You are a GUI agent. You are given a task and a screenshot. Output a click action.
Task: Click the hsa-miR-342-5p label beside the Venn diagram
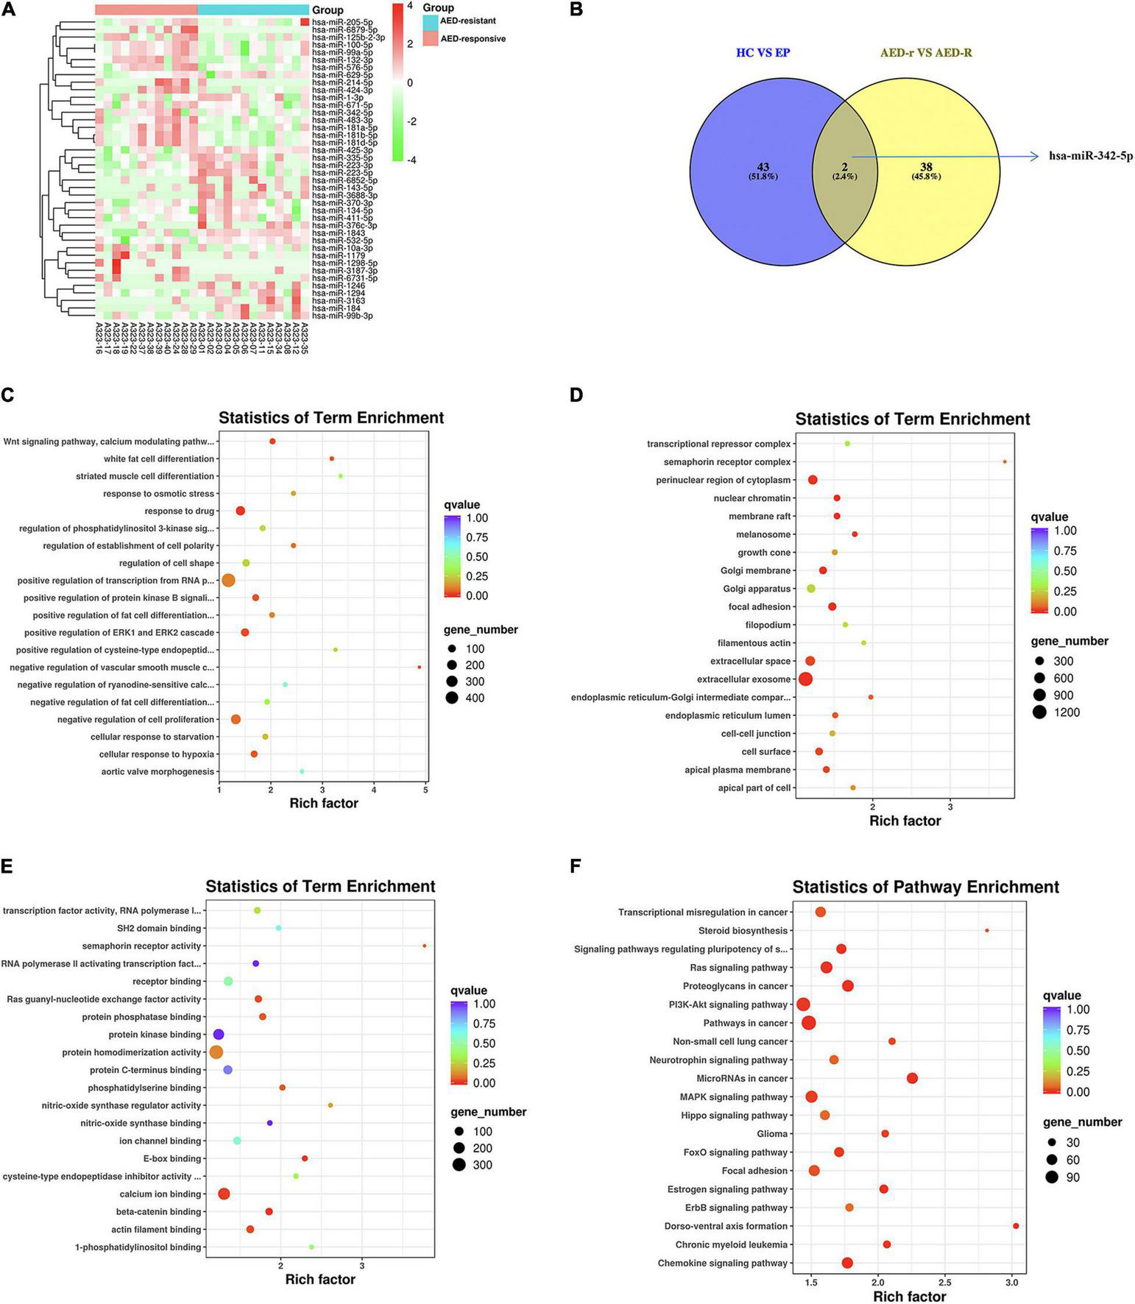click(1091, 156)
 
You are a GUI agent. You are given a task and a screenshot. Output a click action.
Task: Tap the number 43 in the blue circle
click(763, 167)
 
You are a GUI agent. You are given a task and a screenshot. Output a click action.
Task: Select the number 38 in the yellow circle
click(926, 167)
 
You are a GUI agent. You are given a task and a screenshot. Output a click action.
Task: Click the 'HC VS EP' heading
click(763, 53)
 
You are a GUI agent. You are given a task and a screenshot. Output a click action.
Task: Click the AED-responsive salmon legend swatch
click(431, 39)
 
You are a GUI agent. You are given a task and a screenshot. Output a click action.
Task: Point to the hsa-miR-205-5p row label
click(342, 23)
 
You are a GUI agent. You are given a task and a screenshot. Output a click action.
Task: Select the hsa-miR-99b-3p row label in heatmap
click(342, 316)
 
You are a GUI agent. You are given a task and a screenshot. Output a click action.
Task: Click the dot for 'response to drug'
click(240, 511)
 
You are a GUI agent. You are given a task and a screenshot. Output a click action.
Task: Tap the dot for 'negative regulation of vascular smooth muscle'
click(420, 667)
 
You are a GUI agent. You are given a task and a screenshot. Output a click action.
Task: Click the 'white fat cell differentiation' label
click(159, 459)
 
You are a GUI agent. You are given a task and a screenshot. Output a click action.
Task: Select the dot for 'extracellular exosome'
click(805, 679)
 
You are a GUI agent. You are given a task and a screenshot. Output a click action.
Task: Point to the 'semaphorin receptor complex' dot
click(1005, 462)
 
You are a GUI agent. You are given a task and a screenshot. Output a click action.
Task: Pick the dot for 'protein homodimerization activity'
click(216, 1052)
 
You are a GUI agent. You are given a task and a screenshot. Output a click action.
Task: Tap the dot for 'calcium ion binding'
click(224, 1194)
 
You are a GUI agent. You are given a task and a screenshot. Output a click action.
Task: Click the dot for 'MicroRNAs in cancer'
click(913, 1078)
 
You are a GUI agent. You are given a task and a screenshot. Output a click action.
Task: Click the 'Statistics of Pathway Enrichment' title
click(925, 887)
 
